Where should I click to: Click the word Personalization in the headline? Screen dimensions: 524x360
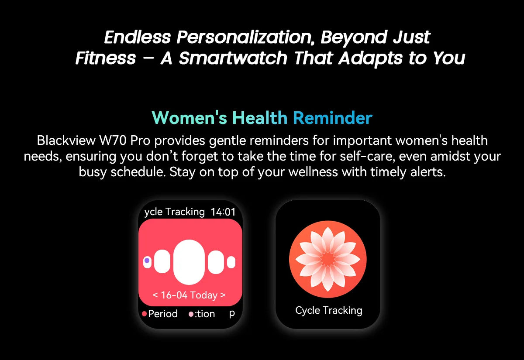pos(245,37)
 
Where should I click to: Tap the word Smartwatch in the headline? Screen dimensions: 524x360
pos(233,58)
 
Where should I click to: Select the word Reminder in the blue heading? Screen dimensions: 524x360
pos(332,118)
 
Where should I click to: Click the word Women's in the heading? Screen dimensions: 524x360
pos(189,118)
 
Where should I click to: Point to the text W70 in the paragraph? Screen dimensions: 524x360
pos(113,141)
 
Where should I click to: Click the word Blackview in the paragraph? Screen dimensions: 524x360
pos(66,141)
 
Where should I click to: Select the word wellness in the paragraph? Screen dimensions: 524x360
pos(313,172)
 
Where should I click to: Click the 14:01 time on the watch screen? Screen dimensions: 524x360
pos(223,212)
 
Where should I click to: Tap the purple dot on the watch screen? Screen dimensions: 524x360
pos(147,261)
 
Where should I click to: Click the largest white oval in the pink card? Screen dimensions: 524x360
pos(189,262)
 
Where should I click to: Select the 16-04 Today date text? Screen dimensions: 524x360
pos(189,295)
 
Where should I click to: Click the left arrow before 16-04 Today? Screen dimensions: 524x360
pos(155,295)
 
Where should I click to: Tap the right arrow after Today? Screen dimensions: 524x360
pos(223,295)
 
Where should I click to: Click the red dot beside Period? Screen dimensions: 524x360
pos(145,314)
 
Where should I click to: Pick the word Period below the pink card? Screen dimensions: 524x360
pos(163,314)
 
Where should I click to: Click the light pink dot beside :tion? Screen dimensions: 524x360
pos(191,314)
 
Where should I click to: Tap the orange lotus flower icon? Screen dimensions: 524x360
pos(328,259)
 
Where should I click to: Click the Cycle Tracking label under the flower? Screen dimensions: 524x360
pos(329,311)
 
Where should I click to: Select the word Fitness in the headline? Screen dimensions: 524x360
pos(106,58)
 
